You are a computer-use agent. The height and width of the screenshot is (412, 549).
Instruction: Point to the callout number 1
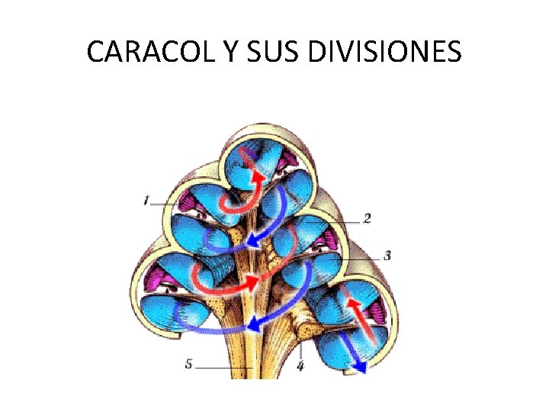tap(145, 201)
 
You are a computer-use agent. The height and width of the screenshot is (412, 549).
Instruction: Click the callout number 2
tap(367, 219)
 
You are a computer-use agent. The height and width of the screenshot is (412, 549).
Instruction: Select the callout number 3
tap(387, 256)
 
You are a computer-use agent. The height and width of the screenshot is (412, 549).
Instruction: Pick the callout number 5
tap(188, 364)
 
